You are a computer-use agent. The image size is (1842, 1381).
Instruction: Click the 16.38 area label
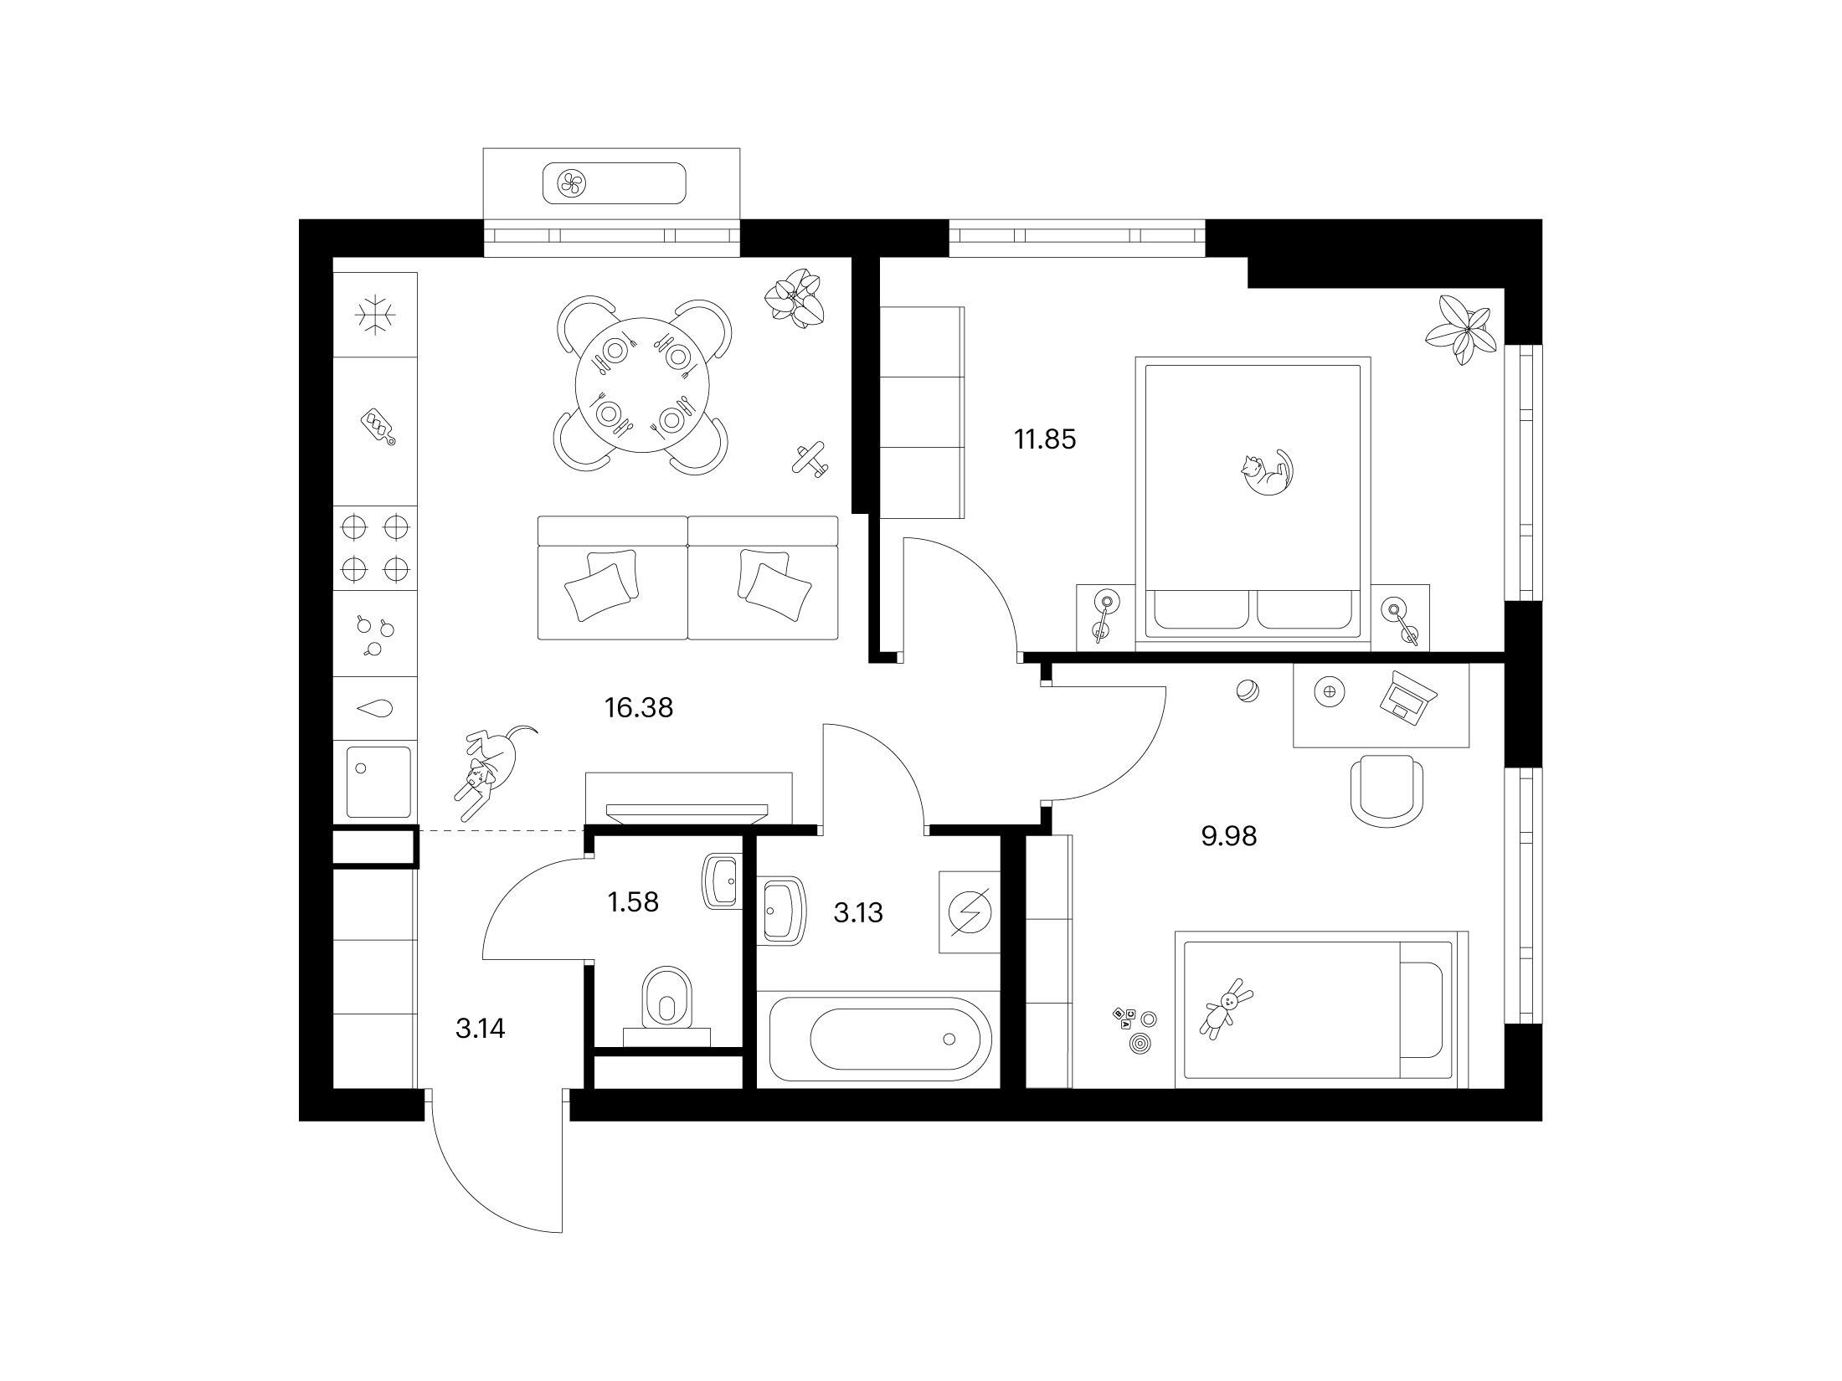[x=639, y=708]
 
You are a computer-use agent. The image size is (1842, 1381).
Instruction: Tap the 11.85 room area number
[x=1045, y=439]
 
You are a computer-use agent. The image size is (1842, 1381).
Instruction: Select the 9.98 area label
[x=1229, y=836]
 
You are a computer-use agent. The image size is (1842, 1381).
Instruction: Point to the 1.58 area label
[x=633, y=902]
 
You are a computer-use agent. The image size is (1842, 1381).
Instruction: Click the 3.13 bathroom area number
[x=858, y=912]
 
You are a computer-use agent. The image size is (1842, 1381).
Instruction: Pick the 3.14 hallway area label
[x=480, y=1029]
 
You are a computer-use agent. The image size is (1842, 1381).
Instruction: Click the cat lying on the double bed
[x=1265, y=473]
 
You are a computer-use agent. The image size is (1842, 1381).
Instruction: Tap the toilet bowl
[x=667, y=999]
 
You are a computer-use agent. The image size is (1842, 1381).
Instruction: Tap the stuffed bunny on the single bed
[x=1227, y=1008]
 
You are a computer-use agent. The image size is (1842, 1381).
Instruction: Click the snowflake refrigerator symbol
[x=375, y=315]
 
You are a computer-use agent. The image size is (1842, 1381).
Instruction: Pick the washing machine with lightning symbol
[x=970, y=912]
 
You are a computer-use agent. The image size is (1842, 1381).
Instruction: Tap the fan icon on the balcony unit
[x=574, y=183]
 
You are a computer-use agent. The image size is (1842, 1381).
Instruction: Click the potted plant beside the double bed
[x=1461, y=330]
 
